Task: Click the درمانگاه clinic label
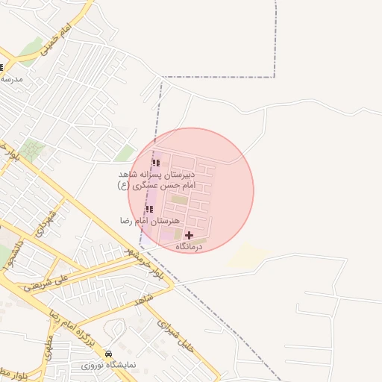[x=190, y=246]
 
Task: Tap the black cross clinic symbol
[x=189, y=235]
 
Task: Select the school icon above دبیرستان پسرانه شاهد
[x=156, y=163]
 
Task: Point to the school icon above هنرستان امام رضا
[x=149, y=209]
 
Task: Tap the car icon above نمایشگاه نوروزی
[x=109, y=353]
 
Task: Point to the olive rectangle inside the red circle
[x=179, y=199]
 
